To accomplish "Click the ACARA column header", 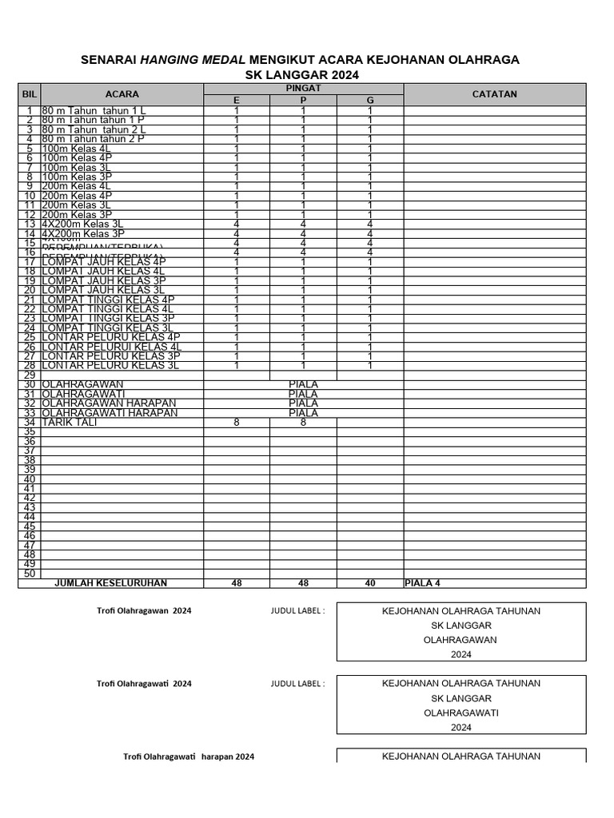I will (x=122, y=93).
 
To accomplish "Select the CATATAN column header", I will (x=494, y=93).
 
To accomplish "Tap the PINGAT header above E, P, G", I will (x=303, y=88).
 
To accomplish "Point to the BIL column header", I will (x=30, y=93).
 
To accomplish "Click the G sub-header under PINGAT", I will (x=369, y=100).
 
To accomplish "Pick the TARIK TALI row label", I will (x=66, y=423).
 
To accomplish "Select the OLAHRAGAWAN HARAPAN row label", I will (x=108, y=403).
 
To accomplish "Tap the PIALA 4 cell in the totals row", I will (x=423, y=584).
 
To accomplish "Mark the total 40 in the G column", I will (x=369, y=584).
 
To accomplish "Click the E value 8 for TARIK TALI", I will (x=236, y=423).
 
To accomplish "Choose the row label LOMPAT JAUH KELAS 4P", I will (x=103, y=261).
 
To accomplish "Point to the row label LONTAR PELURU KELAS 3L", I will (x=110, y=365).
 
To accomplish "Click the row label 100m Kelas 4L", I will (x=77, y=148).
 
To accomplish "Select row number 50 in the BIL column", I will (x=30, y=574).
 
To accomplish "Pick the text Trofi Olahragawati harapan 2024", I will (x=189, y=756).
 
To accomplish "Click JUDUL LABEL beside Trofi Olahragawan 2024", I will (x=297, y=610).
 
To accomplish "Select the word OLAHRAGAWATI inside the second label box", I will (x=460, y=713).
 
